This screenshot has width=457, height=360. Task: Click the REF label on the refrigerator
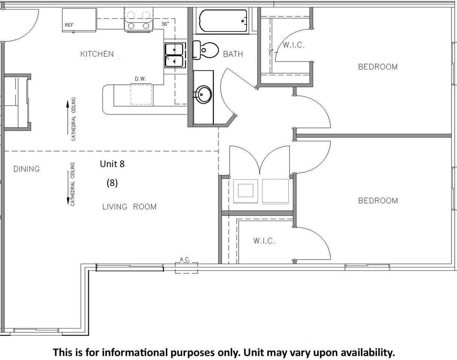point(69,25)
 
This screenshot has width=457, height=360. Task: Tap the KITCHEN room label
point(97,54)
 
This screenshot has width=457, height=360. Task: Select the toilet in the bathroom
point(205,50)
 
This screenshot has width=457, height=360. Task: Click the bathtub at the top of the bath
point(223,21)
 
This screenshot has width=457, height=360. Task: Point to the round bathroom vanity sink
point(203,94)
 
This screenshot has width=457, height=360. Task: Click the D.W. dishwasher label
point(140,79)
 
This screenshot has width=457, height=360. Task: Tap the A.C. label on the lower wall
point(185,259)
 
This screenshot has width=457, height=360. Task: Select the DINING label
point(27,169)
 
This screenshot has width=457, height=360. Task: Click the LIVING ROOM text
point(129,207)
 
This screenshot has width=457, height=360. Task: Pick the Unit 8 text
point(112,164)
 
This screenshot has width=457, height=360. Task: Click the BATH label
point(233,54)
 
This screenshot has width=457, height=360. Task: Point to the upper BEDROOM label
point(378,67)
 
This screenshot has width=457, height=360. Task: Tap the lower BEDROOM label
point(378,201)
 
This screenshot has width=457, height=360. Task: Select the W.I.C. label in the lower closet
point(264,241)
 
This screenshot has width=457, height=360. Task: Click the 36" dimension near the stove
point(165,24)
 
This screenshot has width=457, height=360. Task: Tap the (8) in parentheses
point(112,183)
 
